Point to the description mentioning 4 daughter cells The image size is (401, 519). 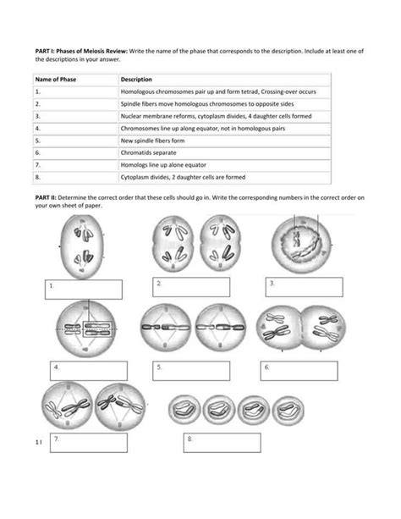tap(217, 112)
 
